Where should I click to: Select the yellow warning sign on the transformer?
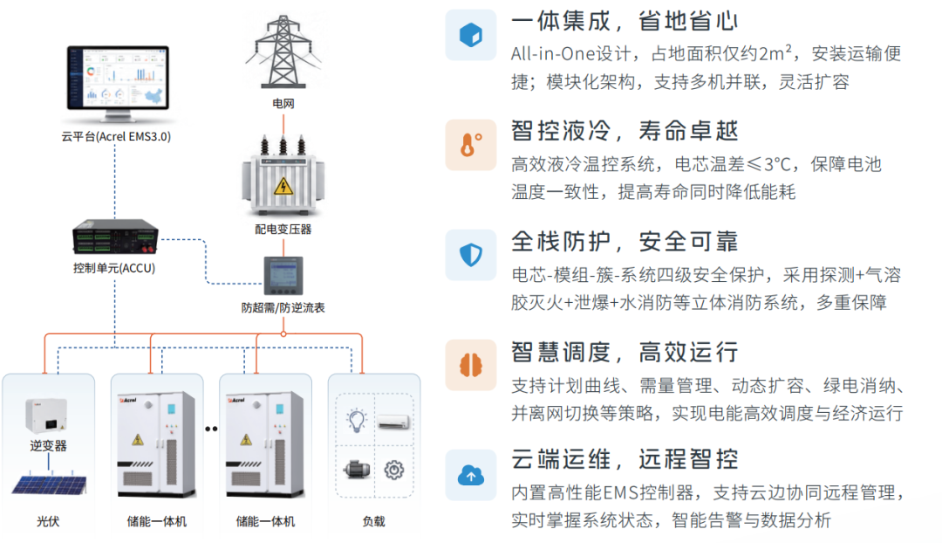283,186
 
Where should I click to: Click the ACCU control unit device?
115,237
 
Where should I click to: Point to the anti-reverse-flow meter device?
283,276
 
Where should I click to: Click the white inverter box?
46,416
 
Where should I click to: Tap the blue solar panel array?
49,484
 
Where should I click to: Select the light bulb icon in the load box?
357,420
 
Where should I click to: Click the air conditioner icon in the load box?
394,422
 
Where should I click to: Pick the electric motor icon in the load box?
357,469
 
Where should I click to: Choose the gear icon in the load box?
394,470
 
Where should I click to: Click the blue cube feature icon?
471,35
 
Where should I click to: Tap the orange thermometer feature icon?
471,145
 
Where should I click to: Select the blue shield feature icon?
471,255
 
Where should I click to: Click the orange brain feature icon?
471,365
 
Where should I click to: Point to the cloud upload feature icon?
471,476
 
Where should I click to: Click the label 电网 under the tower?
283,103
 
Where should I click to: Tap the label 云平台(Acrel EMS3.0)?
116,136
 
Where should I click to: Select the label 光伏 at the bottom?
48,521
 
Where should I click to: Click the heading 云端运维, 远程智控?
625,459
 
